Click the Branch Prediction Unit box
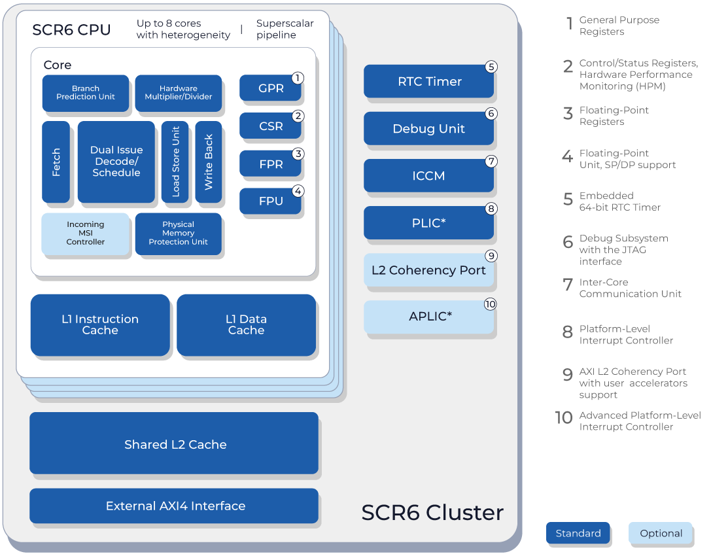(x=85, y=93)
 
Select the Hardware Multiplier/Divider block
(x=178, y=93)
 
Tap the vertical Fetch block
(x=56, y=162)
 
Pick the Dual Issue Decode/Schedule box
(x=116, y=162)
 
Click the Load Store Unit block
(x=175, y=162)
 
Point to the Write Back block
(x=209, y=162)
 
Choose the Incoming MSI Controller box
(x=85, y=234)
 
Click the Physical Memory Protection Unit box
(x=178, y=234)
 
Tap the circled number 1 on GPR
(x=298, y=78)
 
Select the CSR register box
(x=270, y=126)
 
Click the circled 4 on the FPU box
(x=298, y=191)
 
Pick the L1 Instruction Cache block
(x=100, y=324)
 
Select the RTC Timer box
(x=428, y=81)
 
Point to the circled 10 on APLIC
(x=490, y=304)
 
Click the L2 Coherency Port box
(x=428, y=270)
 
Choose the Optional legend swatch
(x=660, y=533)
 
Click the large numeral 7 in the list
(x=568, y=285)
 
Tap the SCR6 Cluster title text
(x=432, y=512)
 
